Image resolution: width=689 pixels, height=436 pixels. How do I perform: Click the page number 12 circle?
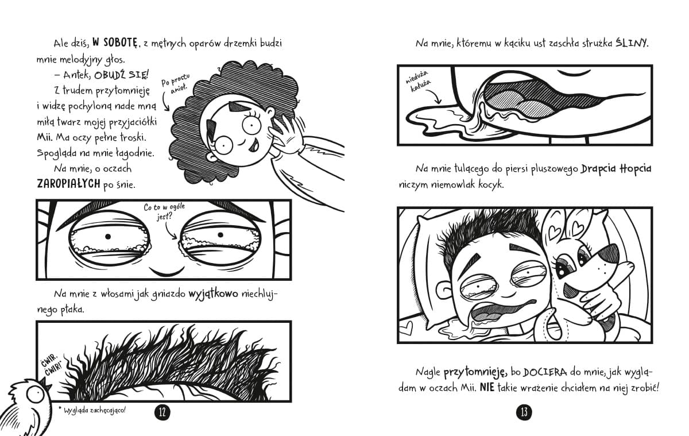[162, 412]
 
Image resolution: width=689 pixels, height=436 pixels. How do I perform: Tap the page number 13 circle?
[524, 412]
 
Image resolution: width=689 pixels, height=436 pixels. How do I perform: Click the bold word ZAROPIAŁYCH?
[68, 184]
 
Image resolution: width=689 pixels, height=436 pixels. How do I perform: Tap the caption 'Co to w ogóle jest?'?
[164, 211]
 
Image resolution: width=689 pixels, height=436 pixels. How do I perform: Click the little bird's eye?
[35, 395]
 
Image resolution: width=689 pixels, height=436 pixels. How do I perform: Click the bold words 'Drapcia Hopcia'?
[616, 169]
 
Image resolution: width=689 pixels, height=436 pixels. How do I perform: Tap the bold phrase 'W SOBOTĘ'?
[114, 43]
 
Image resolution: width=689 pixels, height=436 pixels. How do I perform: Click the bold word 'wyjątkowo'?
[213, 294]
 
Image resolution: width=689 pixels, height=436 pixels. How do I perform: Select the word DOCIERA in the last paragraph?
[545, 372]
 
